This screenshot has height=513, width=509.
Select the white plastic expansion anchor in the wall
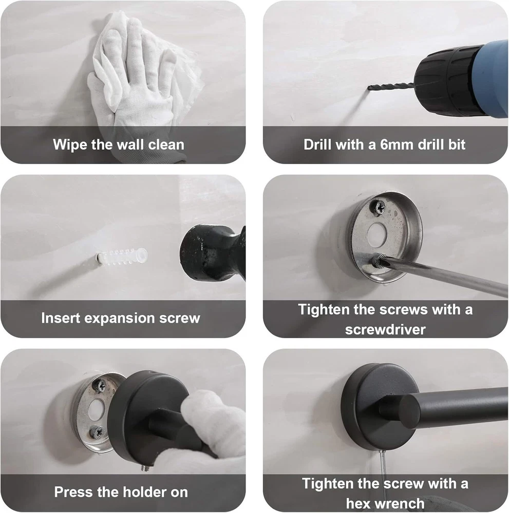click(122, 255)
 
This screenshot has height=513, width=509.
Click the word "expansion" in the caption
click(119, 319)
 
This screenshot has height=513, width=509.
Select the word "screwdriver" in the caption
click(385, 329)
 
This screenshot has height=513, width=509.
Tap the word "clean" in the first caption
click(166, 145)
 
